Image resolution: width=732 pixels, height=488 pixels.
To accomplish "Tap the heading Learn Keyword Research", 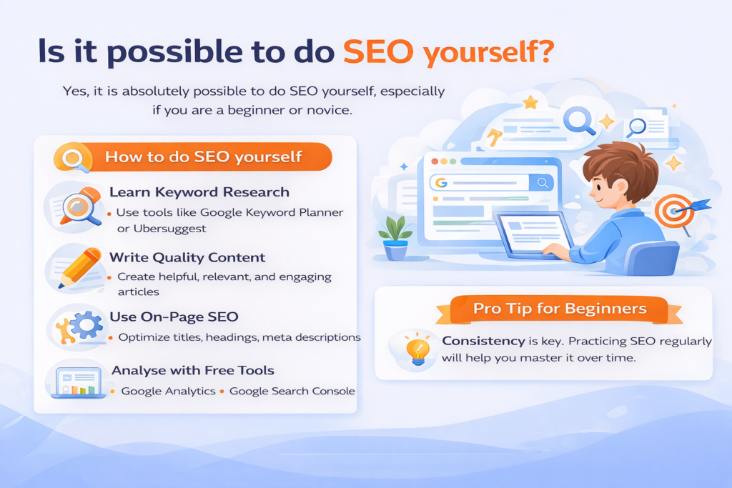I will pos(199,192).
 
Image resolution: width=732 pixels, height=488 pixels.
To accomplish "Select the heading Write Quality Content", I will pos(187,257).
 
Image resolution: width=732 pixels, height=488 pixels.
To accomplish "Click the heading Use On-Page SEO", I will pos(174,316).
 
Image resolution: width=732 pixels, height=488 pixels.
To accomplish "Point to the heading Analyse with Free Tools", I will pos(192,370).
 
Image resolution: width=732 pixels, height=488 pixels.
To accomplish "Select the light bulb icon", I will pos(417,348).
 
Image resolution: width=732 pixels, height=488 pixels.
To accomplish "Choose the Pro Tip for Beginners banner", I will pos(559,309).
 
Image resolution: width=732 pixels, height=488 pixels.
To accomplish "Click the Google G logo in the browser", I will pos(441,183).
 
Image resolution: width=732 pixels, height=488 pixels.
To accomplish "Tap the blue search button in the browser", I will pos(543,183).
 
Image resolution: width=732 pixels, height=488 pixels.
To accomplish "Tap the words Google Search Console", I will pos(292,391).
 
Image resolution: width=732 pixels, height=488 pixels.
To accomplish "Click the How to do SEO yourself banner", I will pos(203,156).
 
